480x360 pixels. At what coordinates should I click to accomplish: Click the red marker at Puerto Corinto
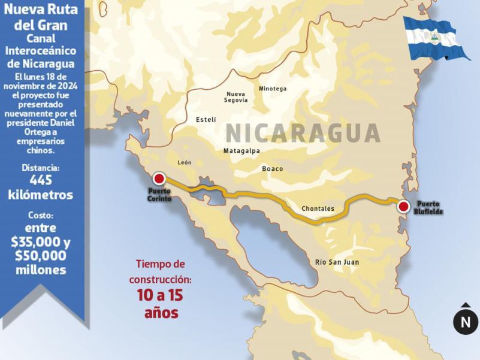point(159,178)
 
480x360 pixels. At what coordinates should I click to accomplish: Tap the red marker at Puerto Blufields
point(404,207)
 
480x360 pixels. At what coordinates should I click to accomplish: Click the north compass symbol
point(466,322)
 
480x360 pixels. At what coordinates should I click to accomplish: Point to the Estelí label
point(206,120)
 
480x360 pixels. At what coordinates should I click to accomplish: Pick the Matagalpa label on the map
point(241,151)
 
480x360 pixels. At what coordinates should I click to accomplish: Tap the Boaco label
point(272,169)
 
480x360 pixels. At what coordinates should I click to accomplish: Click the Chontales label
point(318,209)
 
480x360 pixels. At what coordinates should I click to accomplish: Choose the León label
point(185,163)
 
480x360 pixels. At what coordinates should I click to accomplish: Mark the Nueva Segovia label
point(236,97)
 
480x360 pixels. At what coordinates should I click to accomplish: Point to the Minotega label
point(273,89)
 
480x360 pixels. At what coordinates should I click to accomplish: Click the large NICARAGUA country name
point(303,132)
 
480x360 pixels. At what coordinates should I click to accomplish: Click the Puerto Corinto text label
point(159,194)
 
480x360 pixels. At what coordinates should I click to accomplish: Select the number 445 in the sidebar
point(41,180)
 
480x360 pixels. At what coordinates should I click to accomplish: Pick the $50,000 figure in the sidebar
point(41,256)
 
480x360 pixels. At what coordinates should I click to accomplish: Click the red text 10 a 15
point(160,295)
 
